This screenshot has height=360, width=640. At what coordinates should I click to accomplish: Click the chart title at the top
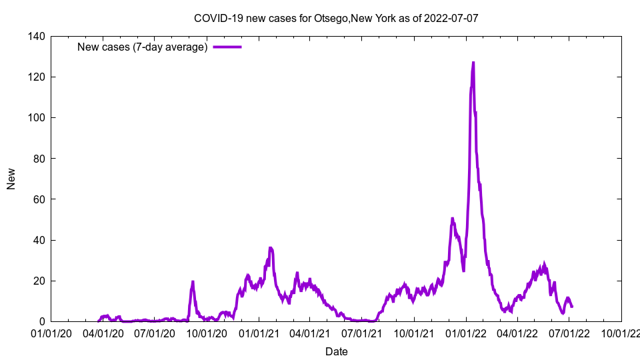click(x=336, y=18)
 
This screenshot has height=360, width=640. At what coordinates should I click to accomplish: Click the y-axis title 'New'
click(x=11, y=179)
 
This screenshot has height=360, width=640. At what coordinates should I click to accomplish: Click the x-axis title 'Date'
click(x=336, y=351)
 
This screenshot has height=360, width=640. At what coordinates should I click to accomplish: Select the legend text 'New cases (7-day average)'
click(x=143, y=47)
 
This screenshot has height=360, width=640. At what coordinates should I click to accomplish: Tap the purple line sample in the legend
click(x=227, y=47)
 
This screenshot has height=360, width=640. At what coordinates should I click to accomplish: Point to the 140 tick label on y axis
click(x=37, y=37)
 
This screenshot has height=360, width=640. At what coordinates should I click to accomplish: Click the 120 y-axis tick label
click(x=37, y=77)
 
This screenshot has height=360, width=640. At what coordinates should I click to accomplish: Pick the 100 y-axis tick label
click(x=37, y=118)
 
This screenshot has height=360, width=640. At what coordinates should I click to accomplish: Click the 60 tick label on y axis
click(x=39, y=199)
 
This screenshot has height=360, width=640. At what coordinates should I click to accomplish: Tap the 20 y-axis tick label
click(x=39, y=281)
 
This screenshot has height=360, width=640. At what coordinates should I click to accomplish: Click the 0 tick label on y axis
click(x=42, y=321)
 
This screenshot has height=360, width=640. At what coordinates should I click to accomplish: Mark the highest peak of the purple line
click(x=473, y=63)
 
